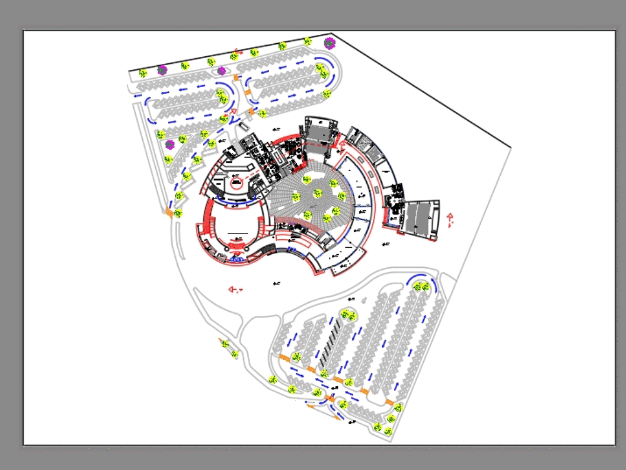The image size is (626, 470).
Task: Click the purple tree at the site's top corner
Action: [329, 43]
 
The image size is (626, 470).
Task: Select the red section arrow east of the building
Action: [449, 218]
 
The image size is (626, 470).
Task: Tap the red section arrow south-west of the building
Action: [234, 289]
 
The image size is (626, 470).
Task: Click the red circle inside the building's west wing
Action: [237, 184]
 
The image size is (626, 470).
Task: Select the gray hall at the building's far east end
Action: [421, 219]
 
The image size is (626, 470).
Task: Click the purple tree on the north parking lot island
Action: [222, 71]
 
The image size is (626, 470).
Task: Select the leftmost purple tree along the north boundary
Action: [162, 70]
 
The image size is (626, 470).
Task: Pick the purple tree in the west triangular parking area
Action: [169, 145]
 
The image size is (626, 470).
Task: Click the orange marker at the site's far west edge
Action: [169, 213]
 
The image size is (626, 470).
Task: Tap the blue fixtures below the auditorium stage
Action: [237, 258]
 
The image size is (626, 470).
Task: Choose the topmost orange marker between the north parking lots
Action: [236, 78]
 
